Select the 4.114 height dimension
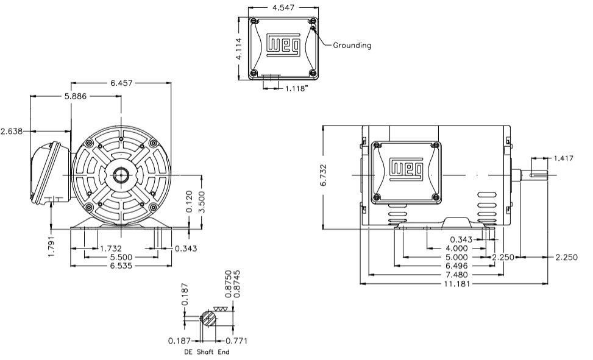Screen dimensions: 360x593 (240, 46)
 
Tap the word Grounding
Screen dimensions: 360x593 (352, 45)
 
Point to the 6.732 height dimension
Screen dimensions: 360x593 (325, 177)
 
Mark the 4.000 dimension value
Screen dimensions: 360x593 (456, 249)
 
